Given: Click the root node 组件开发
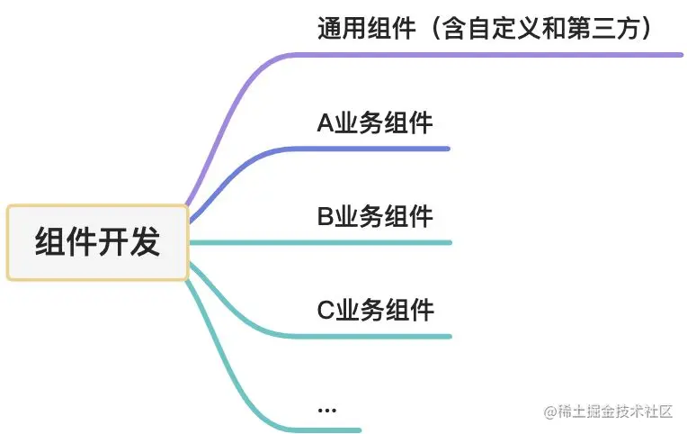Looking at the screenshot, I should tap(97, 242).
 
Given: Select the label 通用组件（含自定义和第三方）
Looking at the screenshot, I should tap(484, 29).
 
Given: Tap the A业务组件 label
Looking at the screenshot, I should tap(375, 123).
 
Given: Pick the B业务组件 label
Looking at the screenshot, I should tap(375, 217).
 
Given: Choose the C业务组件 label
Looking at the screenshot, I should tap(375, 311).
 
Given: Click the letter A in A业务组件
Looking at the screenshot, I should tap(325, 123).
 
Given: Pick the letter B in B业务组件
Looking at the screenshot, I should tap(325, 217).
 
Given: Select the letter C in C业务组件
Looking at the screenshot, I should tap(326, 311).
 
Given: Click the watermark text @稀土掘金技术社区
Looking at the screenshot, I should tap(608, 411).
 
